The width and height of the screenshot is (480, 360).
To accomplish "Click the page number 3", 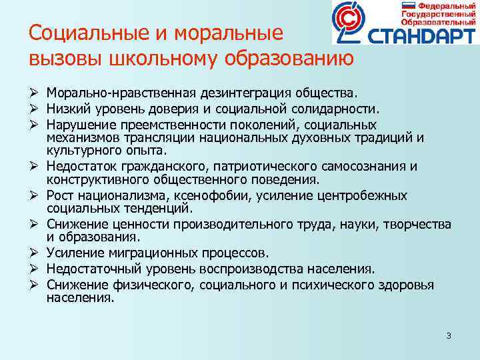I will coord(449,335).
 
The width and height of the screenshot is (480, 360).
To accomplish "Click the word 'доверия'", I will coord(179,108).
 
